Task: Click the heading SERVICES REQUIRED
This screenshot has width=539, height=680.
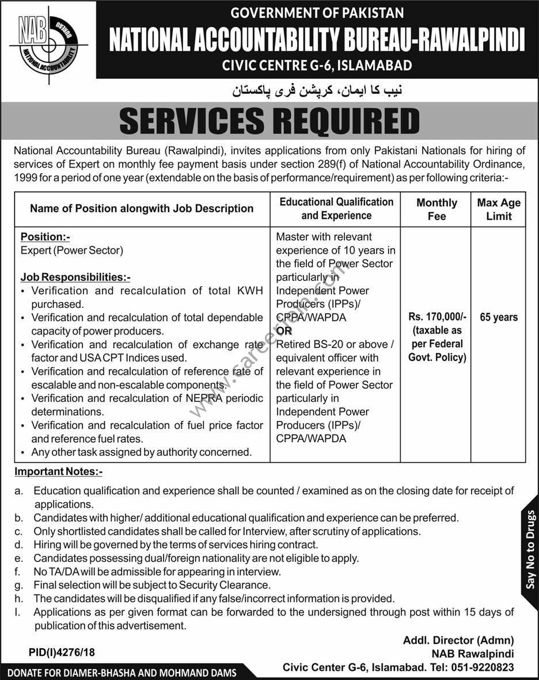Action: pyautogui.click(x=269, y=122)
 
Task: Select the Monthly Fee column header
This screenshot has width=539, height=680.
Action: pyautogui.click(x=436, y=209)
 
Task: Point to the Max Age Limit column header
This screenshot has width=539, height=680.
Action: pyautogui.click(x=499, y=209)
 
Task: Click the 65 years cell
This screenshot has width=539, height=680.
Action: pyautogui.click(x=499, y=317)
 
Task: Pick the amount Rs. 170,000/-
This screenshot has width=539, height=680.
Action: pyautogui.click(x=436, y=317)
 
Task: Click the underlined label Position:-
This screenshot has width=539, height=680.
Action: pyautogui.click(x=45, y=237)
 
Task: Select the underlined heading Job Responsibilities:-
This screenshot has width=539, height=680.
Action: pyautogui.click(x=75, y=277)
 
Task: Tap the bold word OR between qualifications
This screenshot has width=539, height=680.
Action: pyautogui.click(x=284, y=331)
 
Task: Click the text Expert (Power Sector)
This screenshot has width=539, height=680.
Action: pyautogui.click(x=72, y=250)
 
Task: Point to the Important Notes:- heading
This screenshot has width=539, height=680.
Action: pyautogui.click(x=58, y=472)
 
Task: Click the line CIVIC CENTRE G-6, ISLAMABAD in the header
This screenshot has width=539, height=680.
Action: pyautogui.click(x=317, y=65)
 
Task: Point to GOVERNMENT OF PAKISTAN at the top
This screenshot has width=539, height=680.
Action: pyautogui.click(x=317, y=12)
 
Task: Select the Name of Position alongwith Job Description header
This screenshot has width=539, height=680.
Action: pyautogui.click(x=142, y=208)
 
